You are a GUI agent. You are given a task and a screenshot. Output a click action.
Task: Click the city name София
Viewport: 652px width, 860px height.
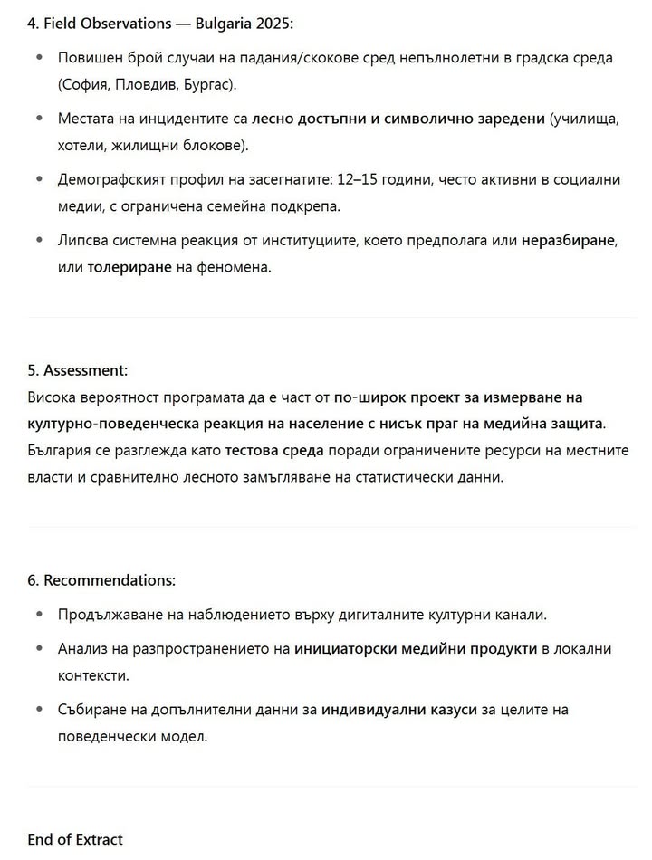point(89,85)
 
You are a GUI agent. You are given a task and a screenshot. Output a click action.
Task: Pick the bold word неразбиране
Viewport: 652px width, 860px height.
point(568,241)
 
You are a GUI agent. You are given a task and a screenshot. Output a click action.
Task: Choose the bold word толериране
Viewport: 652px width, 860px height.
point(129,268)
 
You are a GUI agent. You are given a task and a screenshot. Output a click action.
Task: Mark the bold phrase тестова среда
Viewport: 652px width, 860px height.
point(271,450)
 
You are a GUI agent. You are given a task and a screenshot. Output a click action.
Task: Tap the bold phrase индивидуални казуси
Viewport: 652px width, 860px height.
point(398,710)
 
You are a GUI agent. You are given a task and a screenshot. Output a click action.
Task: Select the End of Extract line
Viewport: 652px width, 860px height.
point(74,839)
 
